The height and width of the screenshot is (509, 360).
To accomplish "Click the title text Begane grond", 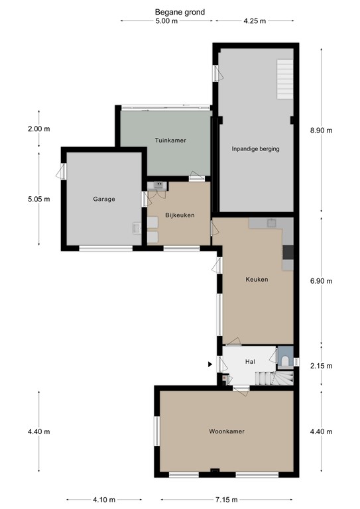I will click(x=180, y=12).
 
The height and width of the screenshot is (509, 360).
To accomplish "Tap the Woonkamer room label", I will click(x=227, y=431).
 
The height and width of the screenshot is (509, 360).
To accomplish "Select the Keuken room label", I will click(x=257, y=280).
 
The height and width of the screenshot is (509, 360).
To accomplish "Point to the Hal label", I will click(x=250, y=362).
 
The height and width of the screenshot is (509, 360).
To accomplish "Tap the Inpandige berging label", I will click(x=255, y=149).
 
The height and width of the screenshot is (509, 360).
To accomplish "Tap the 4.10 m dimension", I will click(x=103, y=500).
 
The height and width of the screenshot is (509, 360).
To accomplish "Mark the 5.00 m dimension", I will click(x=166, y=21).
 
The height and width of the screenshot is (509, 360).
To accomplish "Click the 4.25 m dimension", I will click(x=255, y=21).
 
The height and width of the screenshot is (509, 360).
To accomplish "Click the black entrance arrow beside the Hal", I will click(x=211, y=364).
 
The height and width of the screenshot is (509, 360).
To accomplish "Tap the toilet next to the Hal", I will click(x=284, y=360).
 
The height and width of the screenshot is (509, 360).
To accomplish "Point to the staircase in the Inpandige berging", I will click(x=284, y=78).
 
